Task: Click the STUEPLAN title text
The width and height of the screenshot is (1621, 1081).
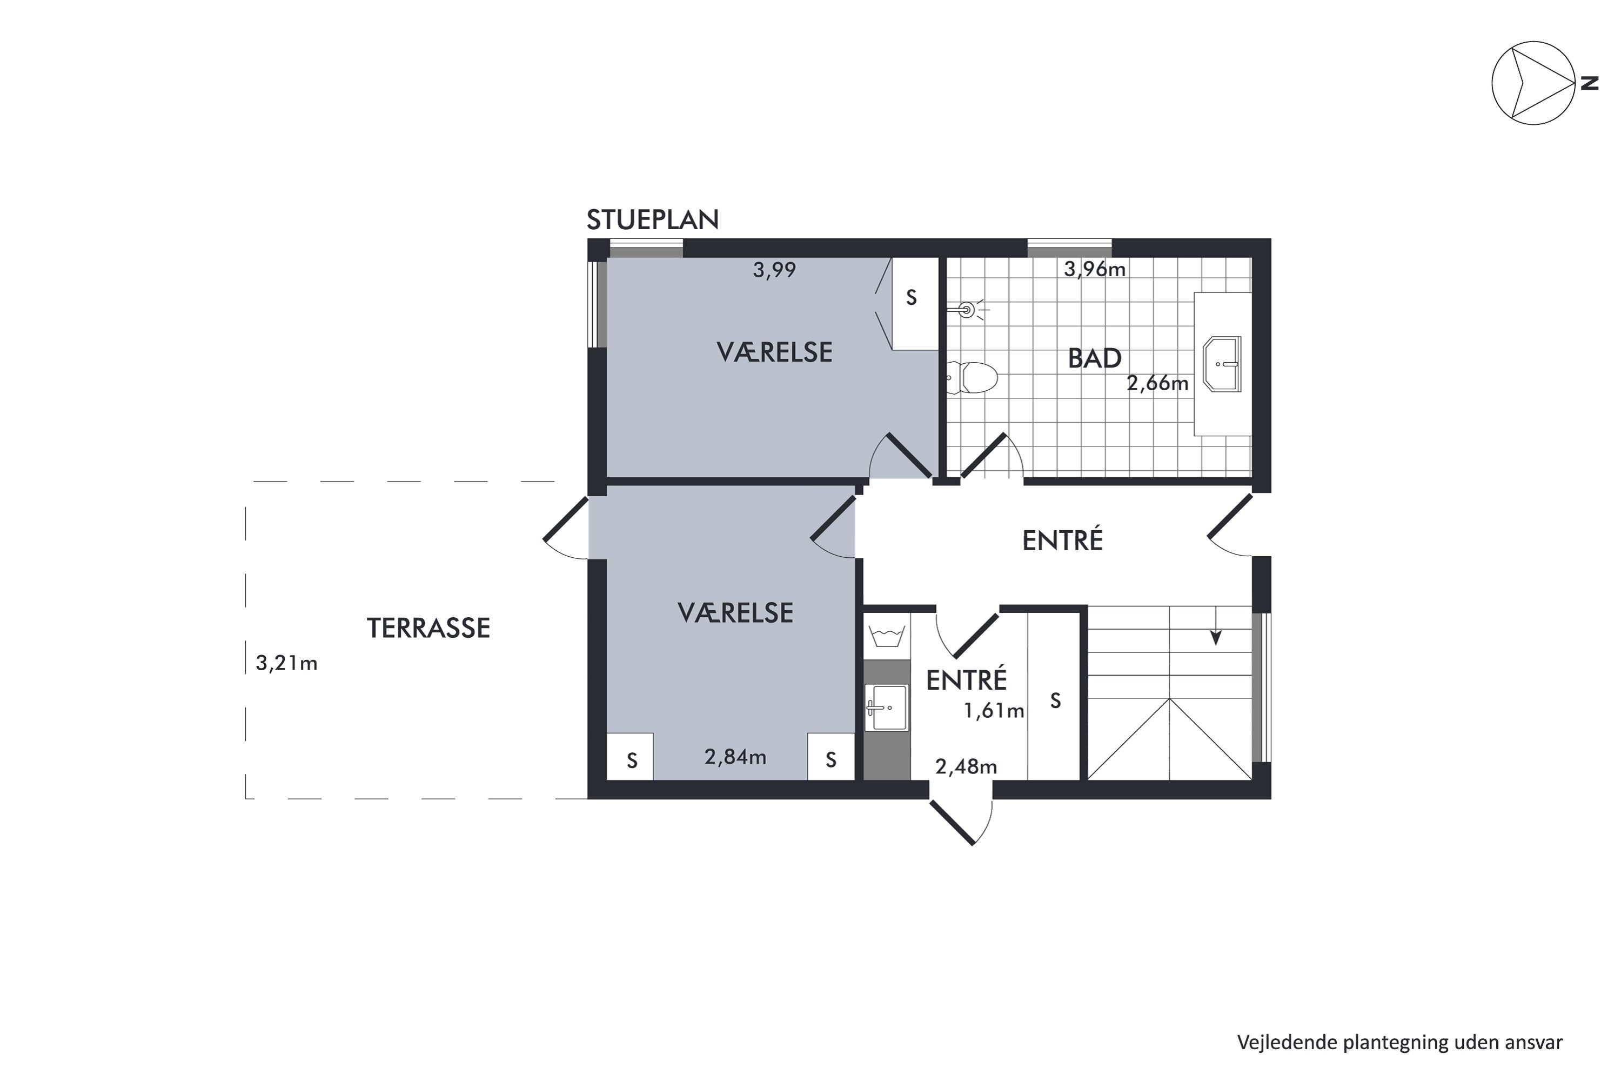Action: pyautogui.click(x=652, y=220)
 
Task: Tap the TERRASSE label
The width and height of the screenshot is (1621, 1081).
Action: pyautogui.click(x=428, y=628)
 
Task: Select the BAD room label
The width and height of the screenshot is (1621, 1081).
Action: pyautogui.click(x=1095, y=358)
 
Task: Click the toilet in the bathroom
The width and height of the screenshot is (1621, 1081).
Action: pyautogui.click(x=972, y=378)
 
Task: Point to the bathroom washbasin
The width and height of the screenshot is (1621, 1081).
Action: pyautogui.click(x=1221, y=364)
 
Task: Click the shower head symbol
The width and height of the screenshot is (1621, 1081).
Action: pyautogui.click(x=967, y=310)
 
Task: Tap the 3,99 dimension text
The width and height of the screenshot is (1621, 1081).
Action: pyautogui.click(x=774, y=270)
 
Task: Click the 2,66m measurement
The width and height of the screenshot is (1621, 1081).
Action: pyautogui.click(x=1157, y=383)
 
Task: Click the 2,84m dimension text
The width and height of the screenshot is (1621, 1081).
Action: pyautogui.click(x=735, y=757)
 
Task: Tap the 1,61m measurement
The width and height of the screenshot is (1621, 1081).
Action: pyautogui.click(x=993, y=711)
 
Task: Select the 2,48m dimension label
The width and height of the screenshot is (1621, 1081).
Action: pyautogui.click(x=966, y=766)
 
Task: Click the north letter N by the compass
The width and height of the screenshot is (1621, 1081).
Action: pyautogui.click(x=1589, y=83)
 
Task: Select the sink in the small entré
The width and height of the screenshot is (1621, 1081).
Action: pyautogui.click(x=886, y=708)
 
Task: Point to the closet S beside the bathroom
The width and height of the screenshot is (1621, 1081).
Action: pyautogui.click(x=911, y=298)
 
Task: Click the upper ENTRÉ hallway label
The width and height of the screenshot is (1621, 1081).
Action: pyautogui.click(x=1062, y=540)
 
